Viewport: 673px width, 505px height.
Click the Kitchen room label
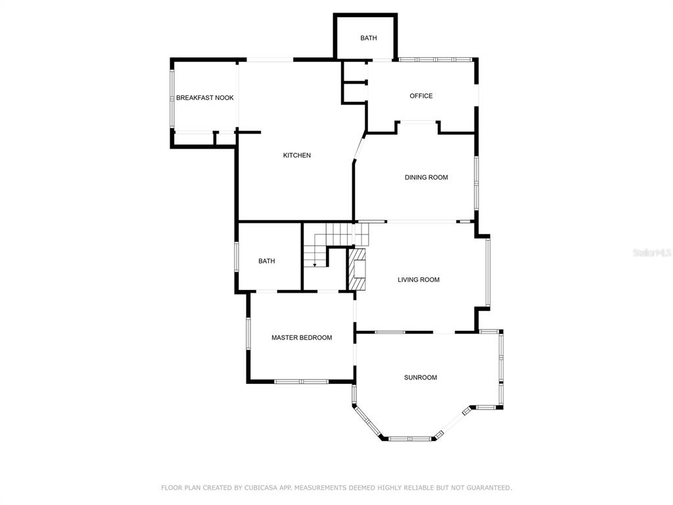[x=296, y=155]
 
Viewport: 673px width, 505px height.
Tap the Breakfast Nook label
[x=205, y=98]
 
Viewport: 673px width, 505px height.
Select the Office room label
[x=421, y=96]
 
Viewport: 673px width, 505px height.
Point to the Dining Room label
[x=426, y=178]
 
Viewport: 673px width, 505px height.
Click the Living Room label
[x=419, y=280]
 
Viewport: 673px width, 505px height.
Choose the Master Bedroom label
[x=302, y=338]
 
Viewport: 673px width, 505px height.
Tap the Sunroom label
[x=421, y=378]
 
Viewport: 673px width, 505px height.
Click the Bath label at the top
[x=368, y=38]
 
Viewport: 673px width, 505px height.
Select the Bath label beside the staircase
[x=267, y=261]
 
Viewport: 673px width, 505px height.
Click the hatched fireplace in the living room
[x=357, y=270]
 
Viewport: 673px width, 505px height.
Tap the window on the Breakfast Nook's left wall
[x=172, y=98]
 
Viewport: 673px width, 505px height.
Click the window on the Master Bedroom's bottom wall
[x=301, y=381]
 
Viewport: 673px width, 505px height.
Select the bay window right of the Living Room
[x=488, y=272]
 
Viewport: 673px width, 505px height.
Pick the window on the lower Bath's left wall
[x=236, y=257]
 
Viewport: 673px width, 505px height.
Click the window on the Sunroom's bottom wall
[x=409, y=439]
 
